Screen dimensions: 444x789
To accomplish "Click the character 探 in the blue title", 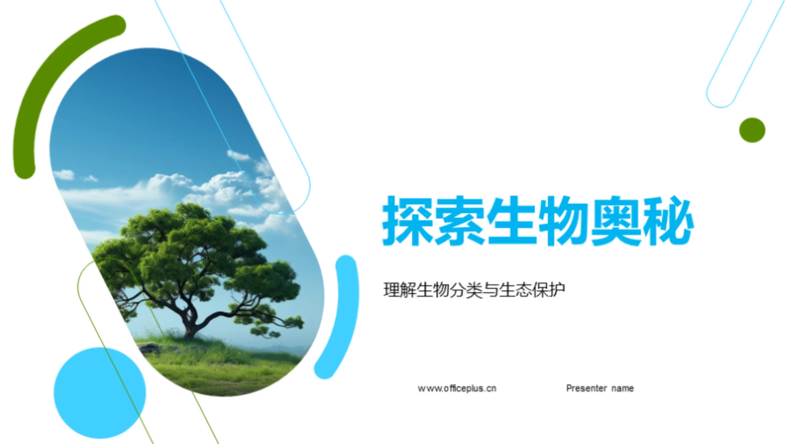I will tap(407, 221).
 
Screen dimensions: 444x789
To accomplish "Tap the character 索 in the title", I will tap(459, 221).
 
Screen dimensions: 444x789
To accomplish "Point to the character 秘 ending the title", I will tap(668, 221).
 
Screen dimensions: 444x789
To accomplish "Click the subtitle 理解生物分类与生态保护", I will tap(474, 290).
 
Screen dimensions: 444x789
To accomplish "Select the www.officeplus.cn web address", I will tap(457, 388).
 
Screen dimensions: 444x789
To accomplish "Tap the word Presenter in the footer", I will tap(586, 388).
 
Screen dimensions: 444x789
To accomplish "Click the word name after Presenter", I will tap(623, 388).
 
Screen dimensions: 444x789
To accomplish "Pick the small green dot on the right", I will tap(752, 130).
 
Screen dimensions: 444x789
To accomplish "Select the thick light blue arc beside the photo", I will tap(344, 317).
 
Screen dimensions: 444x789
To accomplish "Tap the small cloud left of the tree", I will tap(65, 175).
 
